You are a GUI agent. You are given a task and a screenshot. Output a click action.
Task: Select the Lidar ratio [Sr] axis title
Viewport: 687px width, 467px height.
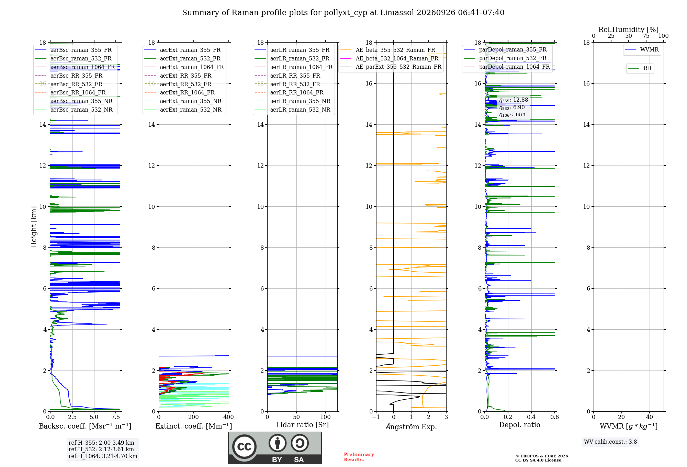coord(302,425)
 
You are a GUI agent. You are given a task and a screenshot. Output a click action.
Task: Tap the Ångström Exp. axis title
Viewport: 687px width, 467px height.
coord(411,426)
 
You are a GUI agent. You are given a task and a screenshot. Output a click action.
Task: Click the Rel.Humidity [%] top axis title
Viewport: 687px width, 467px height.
coord(629,30)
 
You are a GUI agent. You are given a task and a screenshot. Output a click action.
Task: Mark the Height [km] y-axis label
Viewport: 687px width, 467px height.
coord(34,227)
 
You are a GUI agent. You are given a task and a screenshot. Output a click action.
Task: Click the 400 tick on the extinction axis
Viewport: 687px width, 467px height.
coord(228,417)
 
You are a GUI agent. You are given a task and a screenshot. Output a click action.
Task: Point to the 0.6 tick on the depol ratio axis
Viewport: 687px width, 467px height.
coord(554,417)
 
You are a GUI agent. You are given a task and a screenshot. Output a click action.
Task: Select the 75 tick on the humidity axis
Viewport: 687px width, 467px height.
coord(646,36)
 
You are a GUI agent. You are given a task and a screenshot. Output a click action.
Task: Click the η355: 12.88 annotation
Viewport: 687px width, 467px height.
coord(514,100)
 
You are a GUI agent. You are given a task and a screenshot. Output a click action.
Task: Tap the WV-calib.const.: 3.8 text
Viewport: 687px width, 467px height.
coord(610,442)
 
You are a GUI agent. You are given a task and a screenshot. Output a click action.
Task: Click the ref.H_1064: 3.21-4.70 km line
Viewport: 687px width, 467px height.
coord(103,456)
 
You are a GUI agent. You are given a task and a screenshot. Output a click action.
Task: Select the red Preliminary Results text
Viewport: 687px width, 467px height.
coord(359,457)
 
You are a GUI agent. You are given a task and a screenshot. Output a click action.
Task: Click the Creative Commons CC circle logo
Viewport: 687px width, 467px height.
coord(244,447)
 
